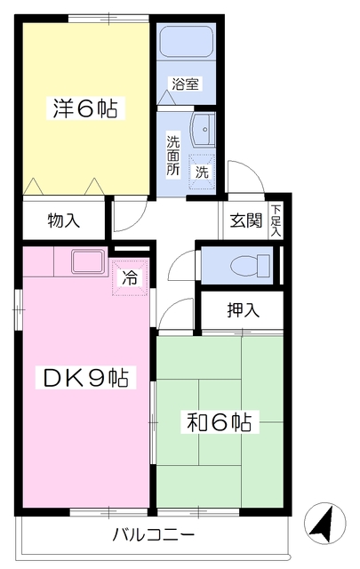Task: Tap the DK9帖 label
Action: pos(85,379)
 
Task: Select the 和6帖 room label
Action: pos(219,421)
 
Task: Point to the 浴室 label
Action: pos(186,85)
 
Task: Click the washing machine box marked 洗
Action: pos(202,171)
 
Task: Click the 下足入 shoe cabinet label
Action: pos(276,221)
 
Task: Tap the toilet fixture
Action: pos(253,264)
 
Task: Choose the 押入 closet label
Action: pos(242,310)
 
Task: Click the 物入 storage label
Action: pos(64,220)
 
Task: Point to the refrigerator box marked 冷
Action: pos(129,276)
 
